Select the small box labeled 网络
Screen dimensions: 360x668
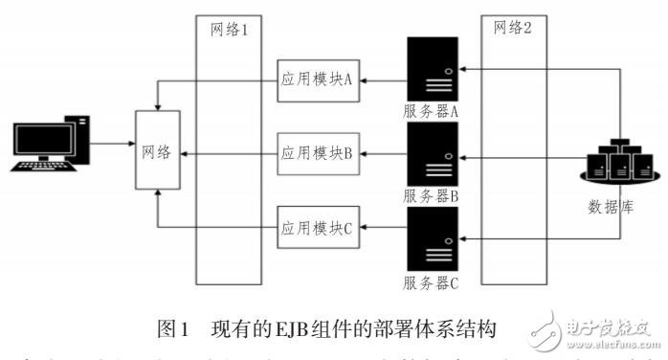tap(158, 152)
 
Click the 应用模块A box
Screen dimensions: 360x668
tap(317, 81)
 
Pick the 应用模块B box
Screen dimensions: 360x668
tap(317, 153)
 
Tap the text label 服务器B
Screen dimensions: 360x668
tap(432, 195)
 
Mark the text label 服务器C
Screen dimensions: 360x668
tap(432, 281)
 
